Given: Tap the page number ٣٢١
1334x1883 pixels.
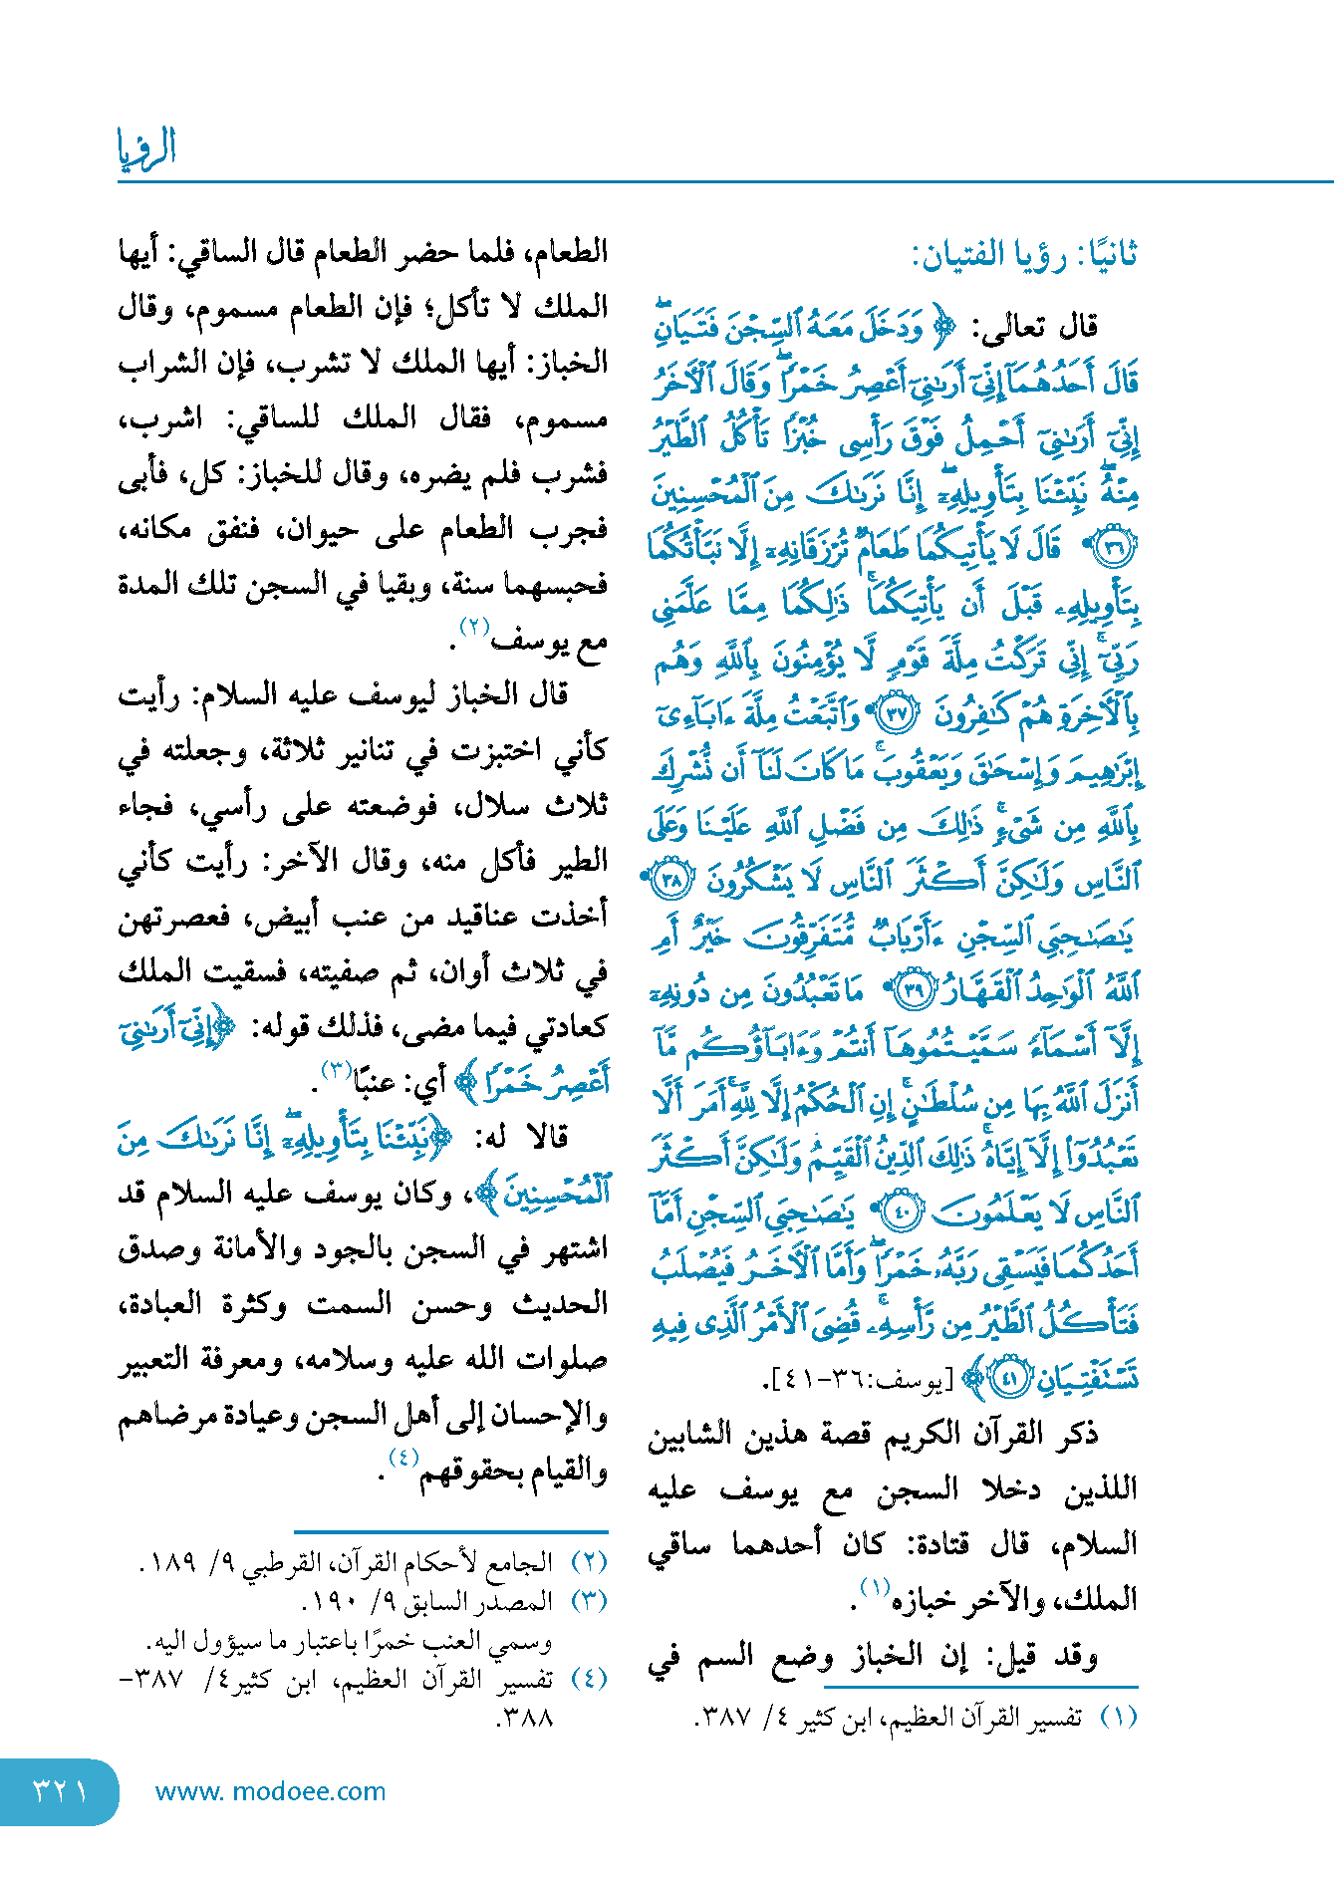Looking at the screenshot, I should pos(60,1791).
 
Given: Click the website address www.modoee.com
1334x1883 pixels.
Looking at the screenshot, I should pos(270,1791).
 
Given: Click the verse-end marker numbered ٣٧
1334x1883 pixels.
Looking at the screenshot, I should pos(894,713).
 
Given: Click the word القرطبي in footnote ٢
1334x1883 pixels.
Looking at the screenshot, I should pos(288,1562).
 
